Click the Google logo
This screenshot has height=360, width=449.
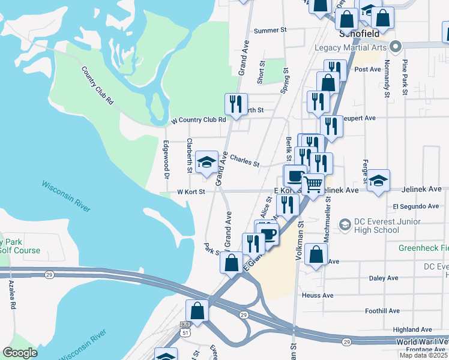click(20, 353)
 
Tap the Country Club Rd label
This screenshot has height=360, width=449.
click(97, 85)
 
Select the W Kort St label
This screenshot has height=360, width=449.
click(191, 192)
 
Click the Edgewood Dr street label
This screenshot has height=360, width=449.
click(167, 160)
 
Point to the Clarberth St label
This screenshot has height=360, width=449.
click(190, 155)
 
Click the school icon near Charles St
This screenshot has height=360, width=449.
click(206, 162)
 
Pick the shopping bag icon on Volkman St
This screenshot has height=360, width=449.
click(315, 254)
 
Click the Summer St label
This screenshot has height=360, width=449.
click(271, 30)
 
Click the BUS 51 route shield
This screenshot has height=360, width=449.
click(185, 328)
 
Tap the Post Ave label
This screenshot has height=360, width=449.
click(368, 69)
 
